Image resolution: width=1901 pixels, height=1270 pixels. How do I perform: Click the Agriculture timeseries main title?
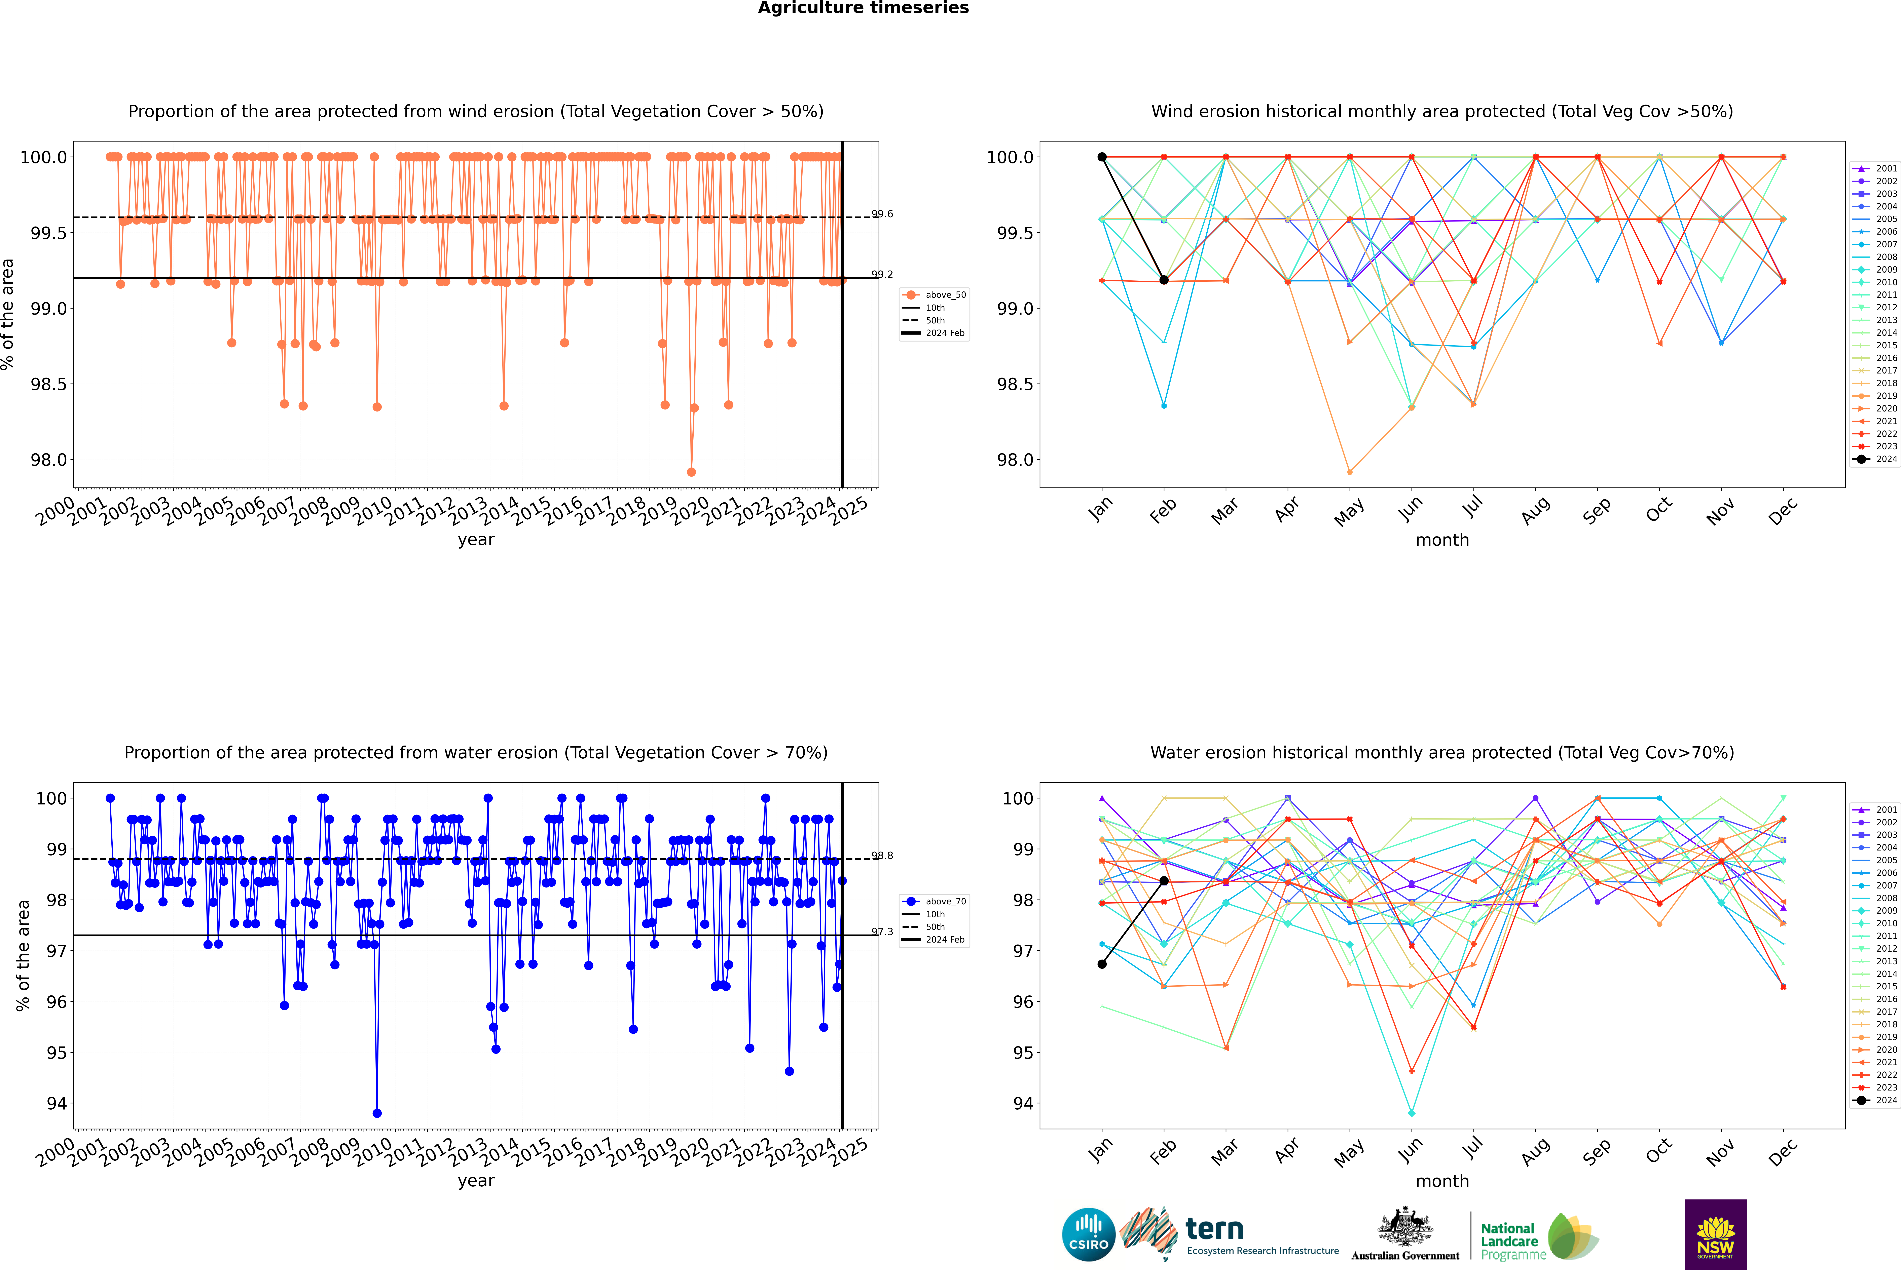[863, 8]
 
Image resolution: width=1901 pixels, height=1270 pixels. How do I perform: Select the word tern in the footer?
[1214, 1229]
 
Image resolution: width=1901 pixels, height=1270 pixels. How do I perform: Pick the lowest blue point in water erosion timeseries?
[377, 1113]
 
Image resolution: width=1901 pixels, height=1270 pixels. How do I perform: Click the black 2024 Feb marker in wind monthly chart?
[1164, 280]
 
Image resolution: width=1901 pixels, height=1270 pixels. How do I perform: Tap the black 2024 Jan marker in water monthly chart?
[1102, 964]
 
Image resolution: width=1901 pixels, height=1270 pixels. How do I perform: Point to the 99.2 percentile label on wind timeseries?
[882, 275]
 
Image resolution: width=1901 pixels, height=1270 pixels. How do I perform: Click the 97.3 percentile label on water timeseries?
[882, 931]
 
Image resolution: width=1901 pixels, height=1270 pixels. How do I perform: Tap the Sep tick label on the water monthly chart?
[1596, 1153]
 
